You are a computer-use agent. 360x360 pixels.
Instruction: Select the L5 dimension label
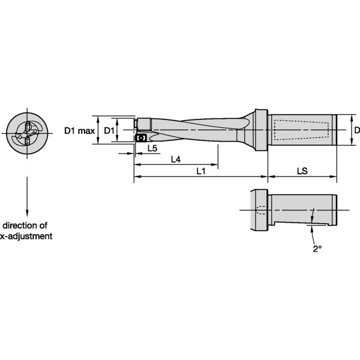152,148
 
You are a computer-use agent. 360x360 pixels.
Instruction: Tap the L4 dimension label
176,160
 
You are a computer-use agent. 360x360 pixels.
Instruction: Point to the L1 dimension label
202,172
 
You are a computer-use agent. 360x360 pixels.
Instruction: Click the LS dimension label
302,172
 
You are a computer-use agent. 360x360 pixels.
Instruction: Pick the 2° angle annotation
316,248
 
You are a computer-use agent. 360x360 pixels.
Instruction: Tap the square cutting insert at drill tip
142,137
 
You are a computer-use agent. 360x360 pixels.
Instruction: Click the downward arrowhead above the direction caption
28,215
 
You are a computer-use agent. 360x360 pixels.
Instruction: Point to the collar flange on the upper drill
260,129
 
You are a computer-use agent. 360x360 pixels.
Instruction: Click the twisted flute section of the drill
198,129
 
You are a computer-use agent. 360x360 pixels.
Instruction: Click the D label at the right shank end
356,130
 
